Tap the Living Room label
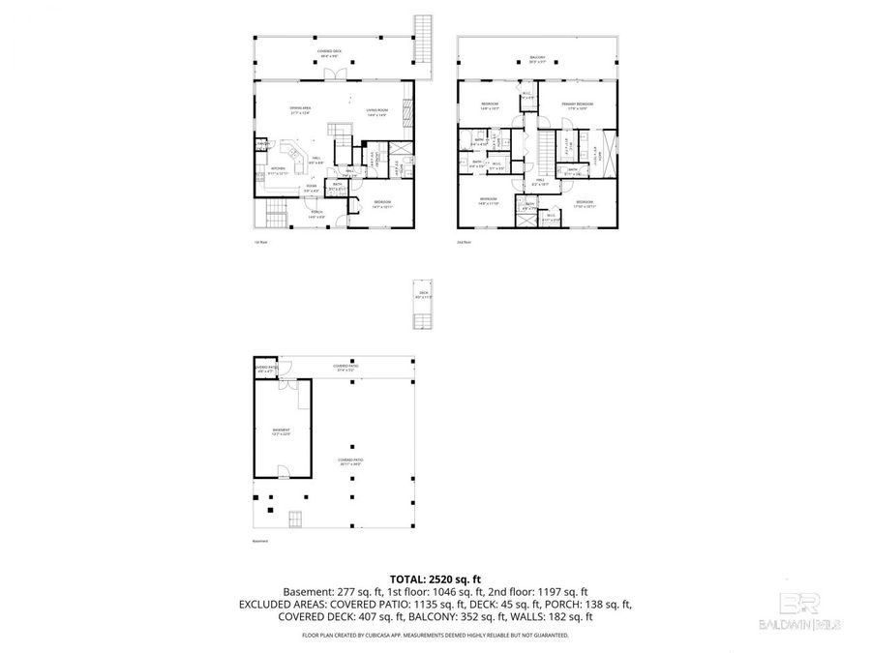[376, 112]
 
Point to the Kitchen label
[278, 171]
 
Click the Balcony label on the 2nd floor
[537, 58]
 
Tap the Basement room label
[281, 431]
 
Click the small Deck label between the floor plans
[423, 294]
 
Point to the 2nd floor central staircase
[549, 149]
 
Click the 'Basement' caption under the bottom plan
[258, 541]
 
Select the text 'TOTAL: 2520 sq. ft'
[435, 577]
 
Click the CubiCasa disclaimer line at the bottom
[435, 636]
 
